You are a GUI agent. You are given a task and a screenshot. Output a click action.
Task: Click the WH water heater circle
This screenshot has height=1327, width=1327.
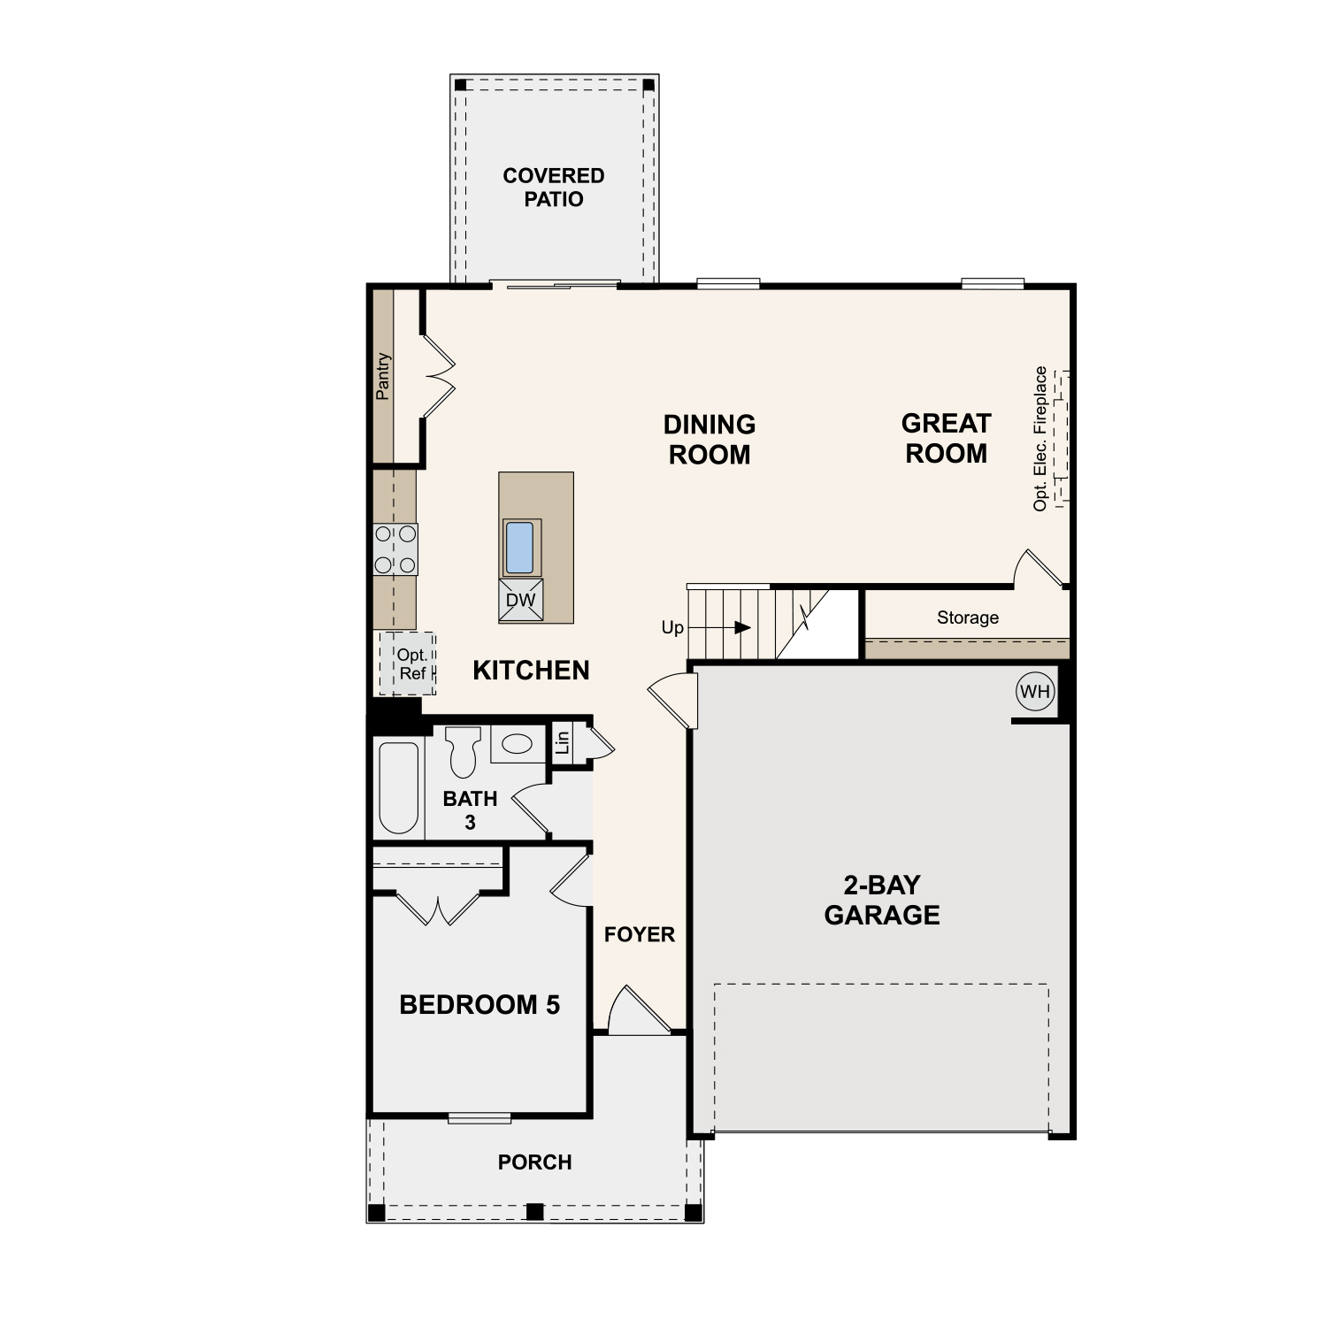pyautogui.click(x=1035, y=691)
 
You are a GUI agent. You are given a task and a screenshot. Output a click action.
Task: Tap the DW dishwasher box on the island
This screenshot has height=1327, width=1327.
pyautogui.click(x=521, y=600)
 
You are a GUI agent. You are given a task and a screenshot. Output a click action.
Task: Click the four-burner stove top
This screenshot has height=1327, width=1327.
pyautogui.click(x=395, y=549)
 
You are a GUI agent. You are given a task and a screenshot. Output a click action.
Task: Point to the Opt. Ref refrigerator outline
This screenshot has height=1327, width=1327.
pyautogui.click(x=407, y=663)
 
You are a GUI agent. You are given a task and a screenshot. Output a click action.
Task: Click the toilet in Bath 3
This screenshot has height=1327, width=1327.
pyautogui.click(x=463, y=751)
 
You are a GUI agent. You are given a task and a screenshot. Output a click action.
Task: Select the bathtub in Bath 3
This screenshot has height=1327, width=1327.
pyautogui.click(x=398, y=787)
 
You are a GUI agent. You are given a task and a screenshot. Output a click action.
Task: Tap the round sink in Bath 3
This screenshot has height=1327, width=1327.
pyautogui.click(x=518, y=743)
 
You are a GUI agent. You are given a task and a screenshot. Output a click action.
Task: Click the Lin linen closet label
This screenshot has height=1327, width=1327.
pyautogui.click(x=562, y=742)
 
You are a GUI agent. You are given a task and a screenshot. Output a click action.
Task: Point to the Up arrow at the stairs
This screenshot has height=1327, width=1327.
pyautogui.click(x=719, y=627)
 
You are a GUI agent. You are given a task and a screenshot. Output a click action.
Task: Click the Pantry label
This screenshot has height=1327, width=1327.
pyautogui.click(x=382, y=376)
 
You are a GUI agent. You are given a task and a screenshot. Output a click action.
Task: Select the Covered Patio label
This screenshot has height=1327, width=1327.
pyautogui.click(x=554, y=188)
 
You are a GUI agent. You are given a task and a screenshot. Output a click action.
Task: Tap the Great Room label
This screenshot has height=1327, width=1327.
pyautogui.click(x=946, y=438)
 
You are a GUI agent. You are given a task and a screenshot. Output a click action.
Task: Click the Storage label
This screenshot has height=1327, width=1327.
pyautogui.click(x=968, y=617)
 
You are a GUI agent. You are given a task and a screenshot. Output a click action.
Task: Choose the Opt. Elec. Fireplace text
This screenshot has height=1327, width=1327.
pyautogui.click(x=1040, y=438)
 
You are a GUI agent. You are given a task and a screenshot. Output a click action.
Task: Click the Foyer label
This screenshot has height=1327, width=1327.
pyautogui.click(x=640, y=934)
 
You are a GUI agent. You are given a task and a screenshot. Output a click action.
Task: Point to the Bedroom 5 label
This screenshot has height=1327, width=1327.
pyautogui.click(x=479, y=1005)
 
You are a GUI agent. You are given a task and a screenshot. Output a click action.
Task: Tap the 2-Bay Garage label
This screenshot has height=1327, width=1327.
pyautogui.click(x=882, y=900)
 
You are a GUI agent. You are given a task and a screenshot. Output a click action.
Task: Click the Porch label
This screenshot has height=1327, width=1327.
pyautogui.click(x=534, y=1162)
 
